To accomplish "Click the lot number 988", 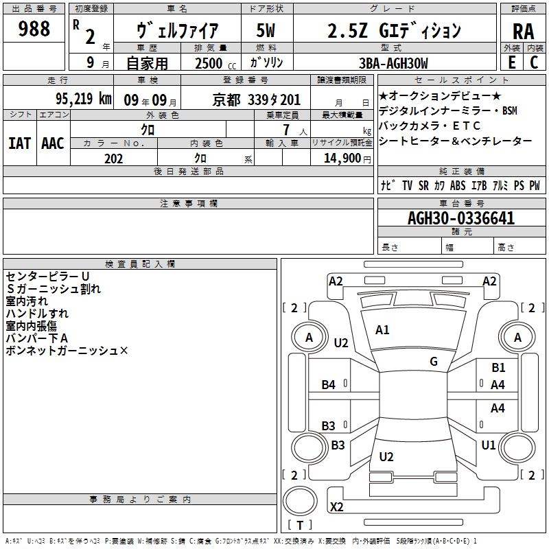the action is [34, 29].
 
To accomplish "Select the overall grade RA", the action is [524, 32].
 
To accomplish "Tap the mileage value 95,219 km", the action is [84, 99].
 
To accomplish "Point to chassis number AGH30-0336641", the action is [461, 218].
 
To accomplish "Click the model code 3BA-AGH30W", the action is [393, 63].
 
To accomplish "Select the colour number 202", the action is [113, 159].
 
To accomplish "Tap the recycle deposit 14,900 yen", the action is [347, 159].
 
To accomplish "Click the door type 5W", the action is [266, 30].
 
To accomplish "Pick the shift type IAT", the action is [20, 143].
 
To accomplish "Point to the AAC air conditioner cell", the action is [53, 143].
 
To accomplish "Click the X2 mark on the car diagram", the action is [336, 506].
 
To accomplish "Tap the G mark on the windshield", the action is [434, 361].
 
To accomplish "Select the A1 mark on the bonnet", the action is [382, 329].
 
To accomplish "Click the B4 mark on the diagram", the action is [329, 385].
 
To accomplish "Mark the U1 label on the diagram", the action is [489, 445].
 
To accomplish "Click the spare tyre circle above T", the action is [300, 501].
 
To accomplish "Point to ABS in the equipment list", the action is [458, 185].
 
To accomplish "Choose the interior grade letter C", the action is [534, 62].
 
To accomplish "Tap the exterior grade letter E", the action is [512, 62].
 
